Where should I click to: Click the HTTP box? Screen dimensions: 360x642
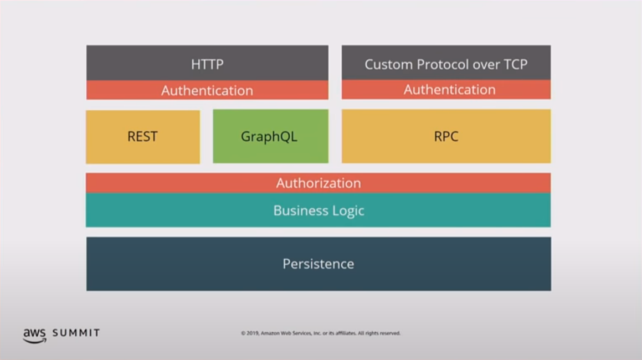[x=207, y=63]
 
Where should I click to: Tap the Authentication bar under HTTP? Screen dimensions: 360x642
[x=207, y=90]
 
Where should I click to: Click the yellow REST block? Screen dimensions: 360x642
[x=143, y=136]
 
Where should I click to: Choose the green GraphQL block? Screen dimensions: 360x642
[x=270, y=136]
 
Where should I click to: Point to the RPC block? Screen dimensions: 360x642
[x=446, y=136]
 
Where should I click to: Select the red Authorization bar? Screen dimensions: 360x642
[x=318, y=183]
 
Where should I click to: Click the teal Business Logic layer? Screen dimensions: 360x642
[x=318, y=210]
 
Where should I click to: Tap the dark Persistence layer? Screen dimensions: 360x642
[x=318, y=264]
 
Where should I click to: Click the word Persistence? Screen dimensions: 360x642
[x=318, y=264]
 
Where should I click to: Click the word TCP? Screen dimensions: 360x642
[x=515, y=64]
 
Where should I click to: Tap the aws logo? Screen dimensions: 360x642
[x=34, y=335]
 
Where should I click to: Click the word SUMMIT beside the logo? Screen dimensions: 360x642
[x=76, y=333]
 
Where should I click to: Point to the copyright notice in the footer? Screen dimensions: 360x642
[x=320, y=333]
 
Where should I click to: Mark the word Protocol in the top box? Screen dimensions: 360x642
[x=441, y=64]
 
